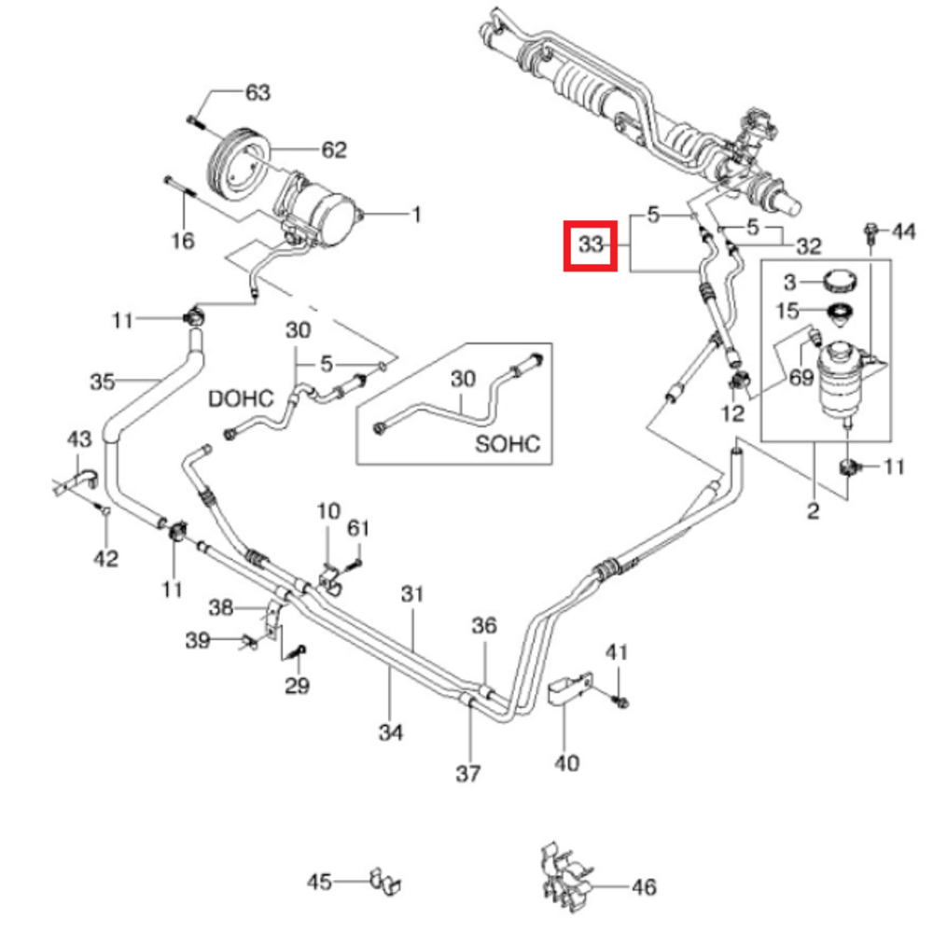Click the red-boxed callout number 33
click(x=590, y=246)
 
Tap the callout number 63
click(x=258, y=92)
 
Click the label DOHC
click(x=241, y=399)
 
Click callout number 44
click(x=904, y=230)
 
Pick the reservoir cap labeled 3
click(x=839, y=281)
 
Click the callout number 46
click(x=644, y=886)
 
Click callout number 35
click(x=103, y=381)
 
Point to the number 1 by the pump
click(x=416, y=216)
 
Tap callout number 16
click(x=183, y=241)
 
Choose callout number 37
click(x=468, y=773)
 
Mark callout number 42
click(x=105, y=558)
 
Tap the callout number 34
click(x=392, y=733)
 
